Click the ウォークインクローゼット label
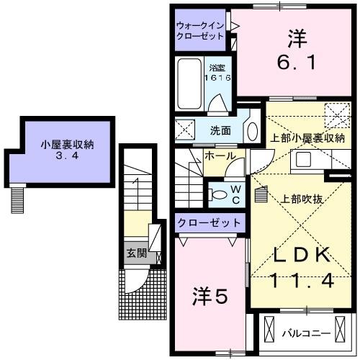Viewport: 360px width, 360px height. coord(200,30)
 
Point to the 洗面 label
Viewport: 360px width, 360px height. coord(220,131)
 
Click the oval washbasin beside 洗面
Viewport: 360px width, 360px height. coord(251,131)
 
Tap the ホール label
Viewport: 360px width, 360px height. coord(219,156)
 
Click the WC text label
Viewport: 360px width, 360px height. coord(235,193)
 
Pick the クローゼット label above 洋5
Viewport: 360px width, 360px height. coord(210,222)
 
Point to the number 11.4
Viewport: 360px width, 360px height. coord(302,282)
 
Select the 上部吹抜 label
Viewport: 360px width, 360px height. coord(300,199)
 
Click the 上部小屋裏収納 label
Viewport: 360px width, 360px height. coord(307,138)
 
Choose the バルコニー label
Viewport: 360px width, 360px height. coord(305,333)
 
